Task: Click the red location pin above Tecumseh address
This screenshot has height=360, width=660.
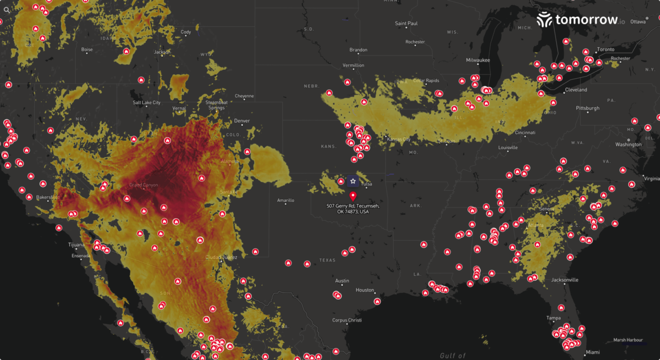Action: (353, 196)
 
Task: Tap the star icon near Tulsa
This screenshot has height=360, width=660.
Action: (353, 181)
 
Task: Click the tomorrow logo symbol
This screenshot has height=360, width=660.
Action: (544, 20)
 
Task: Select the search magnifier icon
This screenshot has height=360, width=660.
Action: (7, 9)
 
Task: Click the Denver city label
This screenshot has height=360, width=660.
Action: (241, 121)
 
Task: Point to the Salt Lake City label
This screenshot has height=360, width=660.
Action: (146, 102)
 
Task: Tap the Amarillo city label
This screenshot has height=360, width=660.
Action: (285, 201)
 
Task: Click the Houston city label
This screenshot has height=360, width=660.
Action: (365, 290)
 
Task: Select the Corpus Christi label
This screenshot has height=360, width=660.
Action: (347, 320)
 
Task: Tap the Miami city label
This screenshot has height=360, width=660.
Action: (593, 352)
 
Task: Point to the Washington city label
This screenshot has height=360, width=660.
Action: (628, 145)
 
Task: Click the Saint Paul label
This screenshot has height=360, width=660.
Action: (406, 24)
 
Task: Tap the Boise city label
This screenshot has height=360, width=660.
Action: (87, 49)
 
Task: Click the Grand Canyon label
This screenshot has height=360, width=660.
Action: (143, 185)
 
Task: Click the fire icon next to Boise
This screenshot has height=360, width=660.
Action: (126, 51)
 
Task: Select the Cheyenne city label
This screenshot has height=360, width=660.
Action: (244, 96)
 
